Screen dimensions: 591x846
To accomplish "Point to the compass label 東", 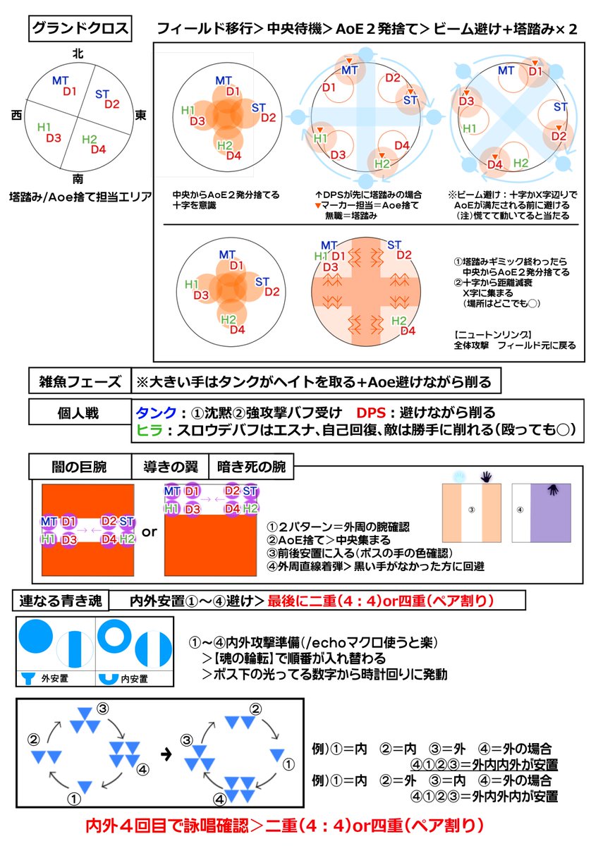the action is click(x=140, y=114).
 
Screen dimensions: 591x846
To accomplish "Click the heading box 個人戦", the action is click(x=80, y=411).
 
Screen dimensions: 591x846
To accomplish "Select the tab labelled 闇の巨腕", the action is click(x=80, y=466).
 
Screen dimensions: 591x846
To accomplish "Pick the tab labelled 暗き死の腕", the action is click(x=251, y=466).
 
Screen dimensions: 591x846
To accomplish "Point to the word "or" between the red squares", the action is click(x=150, y=532).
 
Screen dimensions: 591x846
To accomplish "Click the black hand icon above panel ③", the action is click(x=487, y=477).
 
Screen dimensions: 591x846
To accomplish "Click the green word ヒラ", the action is click(x=151, y=429).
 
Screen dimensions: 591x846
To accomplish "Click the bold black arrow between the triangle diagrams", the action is click(x=166, y=753).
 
